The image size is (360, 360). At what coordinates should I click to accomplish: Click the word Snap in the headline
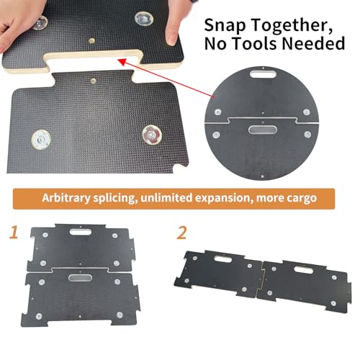pos(225,24)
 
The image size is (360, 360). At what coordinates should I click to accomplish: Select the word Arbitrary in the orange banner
pos(66,198)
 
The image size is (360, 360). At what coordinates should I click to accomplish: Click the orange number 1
pos(14,232)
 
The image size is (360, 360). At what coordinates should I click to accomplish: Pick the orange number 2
pos(181,233)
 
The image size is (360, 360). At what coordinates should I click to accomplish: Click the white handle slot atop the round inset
pos(263,73)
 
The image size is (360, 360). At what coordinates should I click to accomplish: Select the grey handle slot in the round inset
pos(263,130)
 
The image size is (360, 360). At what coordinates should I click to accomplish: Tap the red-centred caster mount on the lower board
pos(152,135)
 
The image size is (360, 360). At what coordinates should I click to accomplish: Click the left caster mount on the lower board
pos(41,140)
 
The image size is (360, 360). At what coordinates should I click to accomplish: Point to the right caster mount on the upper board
pos(143,19)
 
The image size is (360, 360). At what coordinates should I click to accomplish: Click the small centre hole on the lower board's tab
pos(93,81)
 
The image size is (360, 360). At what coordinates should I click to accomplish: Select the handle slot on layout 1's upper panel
pos(81,232)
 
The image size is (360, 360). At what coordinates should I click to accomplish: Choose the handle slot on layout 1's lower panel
pos(80,277)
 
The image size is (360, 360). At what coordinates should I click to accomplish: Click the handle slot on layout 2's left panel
pos(223,259)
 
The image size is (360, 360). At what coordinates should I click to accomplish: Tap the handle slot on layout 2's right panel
pos(304,270)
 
